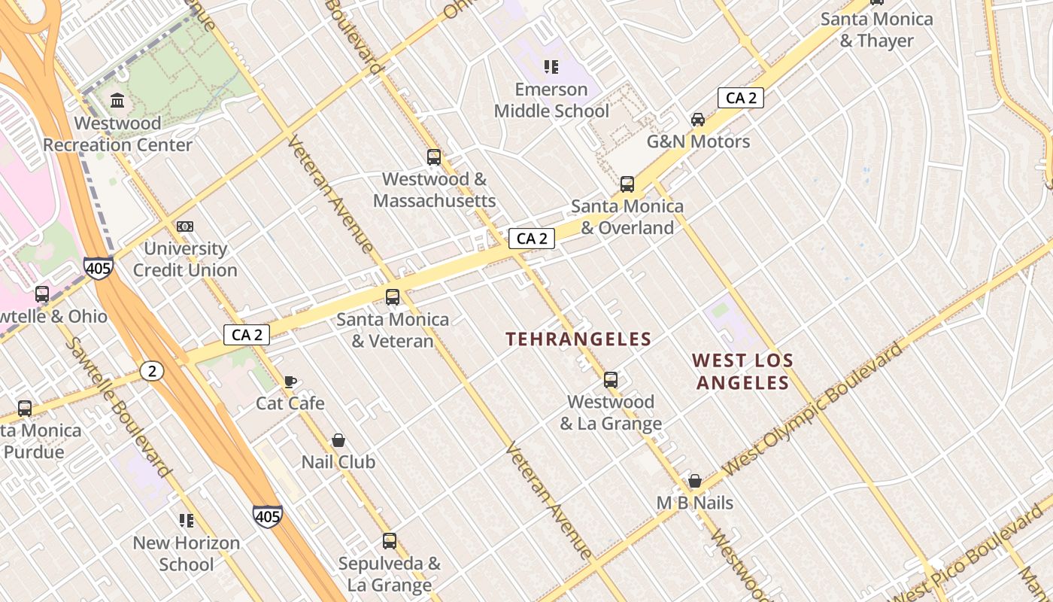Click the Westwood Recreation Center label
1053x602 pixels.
(x=117, y=134)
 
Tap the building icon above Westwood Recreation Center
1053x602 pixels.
(x=117, y=100)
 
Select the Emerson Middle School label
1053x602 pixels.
(x=551, y=100)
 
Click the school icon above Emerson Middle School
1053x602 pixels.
(x=551, y=67)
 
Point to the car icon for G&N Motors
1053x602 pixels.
(x=698, y=119)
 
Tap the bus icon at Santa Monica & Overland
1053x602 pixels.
(x=627, y=184)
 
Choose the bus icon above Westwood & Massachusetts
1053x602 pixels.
(x=434, y=157)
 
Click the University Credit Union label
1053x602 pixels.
(x=185, y=259)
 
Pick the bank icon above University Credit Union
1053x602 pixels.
(x=185, y=226)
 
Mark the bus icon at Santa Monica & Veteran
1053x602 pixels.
(x=393, y=297)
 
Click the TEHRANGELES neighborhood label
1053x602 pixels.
(x=578, y=339)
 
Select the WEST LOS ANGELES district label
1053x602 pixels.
(x=742, y=372)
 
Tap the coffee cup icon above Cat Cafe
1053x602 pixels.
(x=290, y=381)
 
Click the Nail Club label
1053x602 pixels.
(x=338, y=461)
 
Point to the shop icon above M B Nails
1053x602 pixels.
(x=695, y=481)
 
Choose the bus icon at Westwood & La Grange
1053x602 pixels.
(x=611, y=380)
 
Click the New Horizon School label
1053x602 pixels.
(x=187, y=553)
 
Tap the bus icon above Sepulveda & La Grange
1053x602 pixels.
(x=389, y=541)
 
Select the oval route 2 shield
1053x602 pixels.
(x=152, y=370)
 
